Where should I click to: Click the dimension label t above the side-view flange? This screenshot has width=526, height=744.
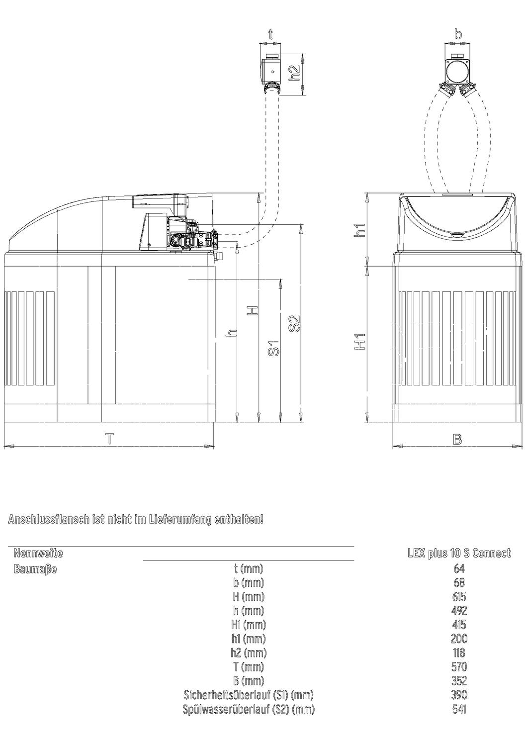(270, 34)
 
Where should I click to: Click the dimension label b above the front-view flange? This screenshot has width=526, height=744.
(458, 34)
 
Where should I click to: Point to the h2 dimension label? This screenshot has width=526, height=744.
(294, 73)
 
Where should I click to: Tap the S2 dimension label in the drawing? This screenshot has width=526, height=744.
(294, 323)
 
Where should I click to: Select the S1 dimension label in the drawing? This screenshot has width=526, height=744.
(274, 348)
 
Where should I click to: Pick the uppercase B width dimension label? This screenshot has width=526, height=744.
(457, 440)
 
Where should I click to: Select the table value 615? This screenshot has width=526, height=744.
(459, 596)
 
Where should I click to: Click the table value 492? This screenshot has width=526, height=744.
(459, 611)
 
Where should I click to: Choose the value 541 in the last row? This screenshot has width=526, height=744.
(459, 709)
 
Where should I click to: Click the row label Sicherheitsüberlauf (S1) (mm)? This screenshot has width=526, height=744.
(249, 695)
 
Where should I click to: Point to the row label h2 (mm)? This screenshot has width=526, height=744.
(249, 653)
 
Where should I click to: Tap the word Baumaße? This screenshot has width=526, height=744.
(35, 569)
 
